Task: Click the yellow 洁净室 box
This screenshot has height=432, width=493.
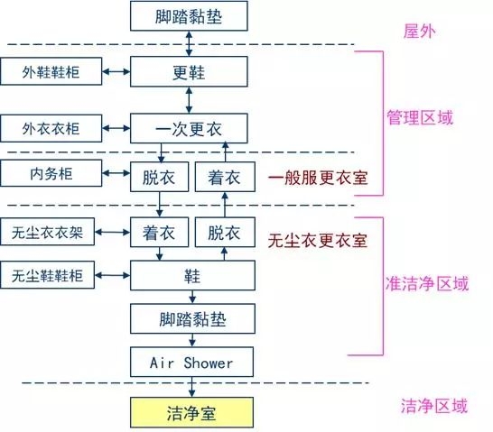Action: point(191,412)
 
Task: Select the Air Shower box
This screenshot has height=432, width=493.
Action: point(191,362)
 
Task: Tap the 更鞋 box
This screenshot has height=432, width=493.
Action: point(189,71)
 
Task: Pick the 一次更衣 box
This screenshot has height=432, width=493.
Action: point(189,128)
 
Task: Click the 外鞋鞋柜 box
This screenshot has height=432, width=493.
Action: point(51,71)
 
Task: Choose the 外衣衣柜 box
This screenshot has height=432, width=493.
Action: point(51,128)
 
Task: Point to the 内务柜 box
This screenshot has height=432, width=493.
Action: point(51,173)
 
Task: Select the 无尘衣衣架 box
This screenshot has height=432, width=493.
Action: point(47,232)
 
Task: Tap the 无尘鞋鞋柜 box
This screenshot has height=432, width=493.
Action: point(47,275)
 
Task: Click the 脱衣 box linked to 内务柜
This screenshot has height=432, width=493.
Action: point(160,177)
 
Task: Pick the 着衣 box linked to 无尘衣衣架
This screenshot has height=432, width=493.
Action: point(160,232)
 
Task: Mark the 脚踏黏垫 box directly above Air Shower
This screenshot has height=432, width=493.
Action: point(192,318)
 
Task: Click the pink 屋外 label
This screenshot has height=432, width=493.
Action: point(420,32)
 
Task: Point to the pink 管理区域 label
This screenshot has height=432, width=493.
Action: point(420,118)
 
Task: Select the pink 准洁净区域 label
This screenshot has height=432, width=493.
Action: point(427,283)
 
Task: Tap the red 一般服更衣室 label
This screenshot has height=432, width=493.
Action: point(318,178)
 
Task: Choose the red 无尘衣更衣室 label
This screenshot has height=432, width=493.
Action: point(318,241)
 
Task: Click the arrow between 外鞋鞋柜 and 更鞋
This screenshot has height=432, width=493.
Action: point(116,71)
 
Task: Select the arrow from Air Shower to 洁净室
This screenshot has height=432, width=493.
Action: point(191,387)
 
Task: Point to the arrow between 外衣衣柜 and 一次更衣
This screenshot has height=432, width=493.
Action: point(116,128)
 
